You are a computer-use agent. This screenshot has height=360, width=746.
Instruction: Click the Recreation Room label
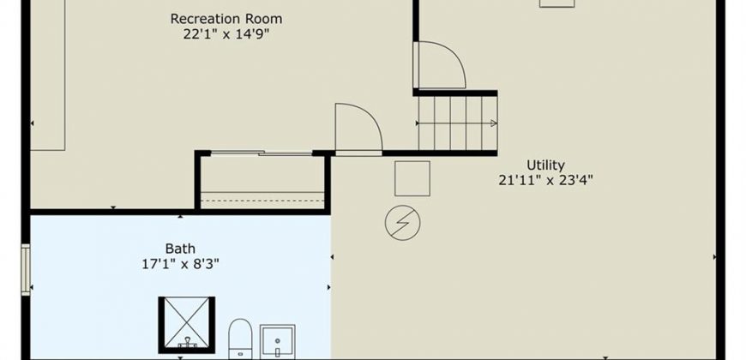(226, 19)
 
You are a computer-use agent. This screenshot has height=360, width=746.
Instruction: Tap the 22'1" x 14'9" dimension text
(226, 35)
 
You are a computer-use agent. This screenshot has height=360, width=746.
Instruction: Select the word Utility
(545, 165)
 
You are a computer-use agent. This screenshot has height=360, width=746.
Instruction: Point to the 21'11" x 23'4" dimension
(545, 181)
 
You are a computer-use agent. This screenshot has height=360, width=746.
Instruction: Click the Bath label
(180, 249)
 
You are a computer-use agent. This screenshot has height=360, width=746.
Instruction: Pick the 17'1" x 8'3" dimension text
(180, 264)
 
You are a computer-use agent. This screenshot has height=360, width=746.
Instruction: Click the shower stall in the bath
(187, 325)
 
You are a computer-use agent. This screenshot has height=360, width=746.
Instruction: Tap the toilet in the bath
(240, 339)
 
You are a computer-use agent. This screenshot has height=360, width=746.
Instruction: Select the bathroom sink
(277, 341)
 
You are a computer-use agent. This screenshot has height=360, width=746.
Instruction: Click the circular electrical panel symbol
(402, 223)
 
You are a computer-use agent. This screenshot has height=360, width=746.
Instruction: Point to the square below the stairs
(412, 178)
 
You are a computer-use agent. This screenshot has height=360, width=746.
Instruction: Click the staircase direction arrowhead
(493, 123)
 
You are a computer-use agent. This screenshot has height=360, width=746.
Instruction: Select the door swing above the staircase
(439, 65)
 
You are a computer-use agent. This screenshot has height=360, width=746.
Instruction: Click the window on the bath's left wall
(25, 270)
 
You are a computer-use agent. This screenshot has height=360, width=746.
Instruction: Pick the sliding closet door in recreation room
(262, 153)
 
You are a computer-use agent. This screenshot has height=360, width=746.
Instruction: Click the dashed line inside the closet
(262, 201)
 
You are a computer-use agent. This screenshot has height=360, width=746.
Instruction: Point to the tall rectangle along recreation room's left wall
(47, 75)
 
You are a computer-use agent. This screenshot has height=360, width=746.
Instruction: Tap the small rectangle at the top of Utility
(557, 3)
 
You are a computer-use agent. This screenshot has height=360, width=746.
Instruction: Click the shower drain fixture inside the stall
(187, 342)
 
